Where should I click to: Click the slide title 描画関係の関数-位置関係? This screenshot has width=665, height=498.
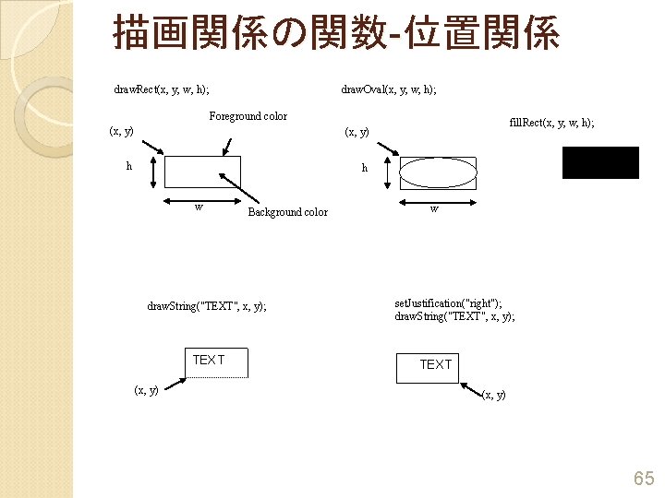(335, 33)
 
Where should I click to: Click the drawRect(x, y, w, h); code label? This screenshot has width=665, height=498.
(161, 89)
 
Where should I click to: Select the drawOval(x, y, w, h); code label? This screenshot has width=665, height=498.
(389, 89)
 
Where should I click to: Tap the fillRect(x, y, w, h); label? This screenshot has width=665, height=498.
(552, 122)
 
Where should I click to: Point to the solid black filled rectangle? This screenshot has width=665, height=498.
(600, 162)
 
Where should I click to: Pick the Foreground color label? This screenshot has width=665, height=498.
(248, 116)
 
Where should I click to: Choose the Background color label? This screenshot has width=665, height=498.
(287, 212)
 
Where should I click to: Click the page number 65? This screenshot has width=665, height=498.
(643, 478)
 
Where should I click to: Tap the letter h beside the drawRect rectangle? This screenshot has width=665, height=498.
(129, 167)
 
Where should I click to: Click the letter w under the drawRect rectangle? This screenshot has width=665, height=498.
(199, 207)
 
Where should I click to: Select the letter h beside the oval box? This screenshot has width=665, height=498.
(365, 168)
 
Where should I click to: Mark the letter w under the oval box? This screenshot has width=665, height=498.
(434, 208)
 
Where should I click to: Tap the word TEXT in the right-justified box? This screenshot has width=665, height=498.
(436, 364)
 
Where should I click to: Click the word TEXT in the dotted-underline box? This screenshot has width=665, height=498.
(208, 360)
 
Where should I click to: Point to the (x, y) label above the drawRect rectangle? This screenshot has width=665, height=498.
(121, 131)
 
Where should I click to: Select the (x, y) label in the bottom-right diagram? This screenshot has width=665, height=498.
(494, 395)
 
